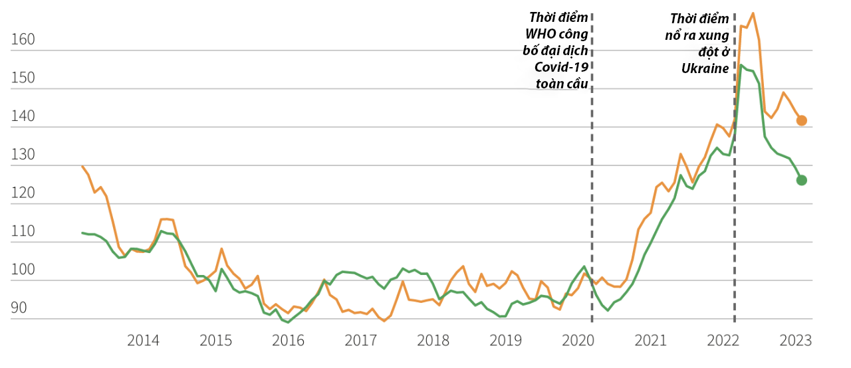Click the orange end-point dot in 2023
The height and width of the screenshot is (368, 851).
pos(802,120)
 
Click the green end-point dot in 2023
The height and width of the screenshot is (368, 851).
pos(802,180)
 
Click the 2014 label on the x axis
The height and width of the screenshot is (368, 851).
pos(143,341)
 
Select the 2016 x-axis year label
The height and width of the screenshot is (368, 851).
pos(288,341)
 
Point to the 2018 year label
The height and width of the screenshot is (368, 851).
pos(433,341)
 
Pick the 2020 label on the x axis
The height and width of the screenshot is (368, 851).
pos(578,341)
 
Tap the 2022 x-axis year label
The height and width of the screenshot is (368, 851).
pos(723,341)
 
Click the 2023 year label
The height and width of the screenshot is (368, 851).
pos(796,341)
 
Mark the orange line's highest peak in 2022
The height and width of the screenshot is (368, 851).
pos(752,13)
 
